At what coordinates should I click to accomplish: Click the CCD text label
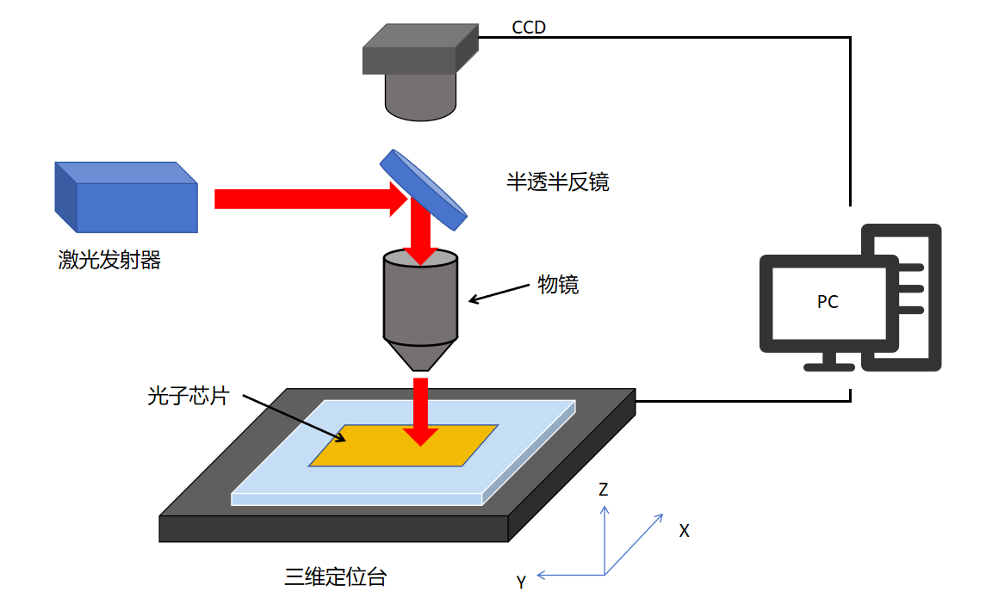tap(529, 28)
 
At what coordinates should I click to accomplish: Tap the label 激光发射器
tap(109, 260)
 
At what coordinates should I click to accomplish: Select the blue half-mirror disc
tap(424, 190)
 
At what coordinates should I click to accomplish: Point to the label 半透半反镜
tap(557, 182)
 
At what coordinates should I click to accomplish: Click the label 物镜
tap(558, 285)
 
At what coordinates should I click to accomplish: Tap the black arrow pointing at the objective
tap(499, 293)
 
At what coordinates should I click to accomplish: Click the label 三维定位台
tap(335, 577)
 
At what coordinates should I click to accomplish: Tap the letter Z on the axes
tap(604, 490)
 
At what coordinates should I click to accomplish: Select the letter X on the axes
tap(684, 531)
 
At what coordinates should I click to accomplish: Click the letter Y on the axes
tap(521, 582)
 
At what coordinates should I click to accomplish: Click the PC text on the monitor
tap(827, 302)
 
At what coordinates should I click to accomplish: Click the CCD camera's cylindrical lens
tap(419, 96)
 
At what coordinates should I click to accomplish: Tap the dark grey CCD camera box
tap(419, 50)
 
